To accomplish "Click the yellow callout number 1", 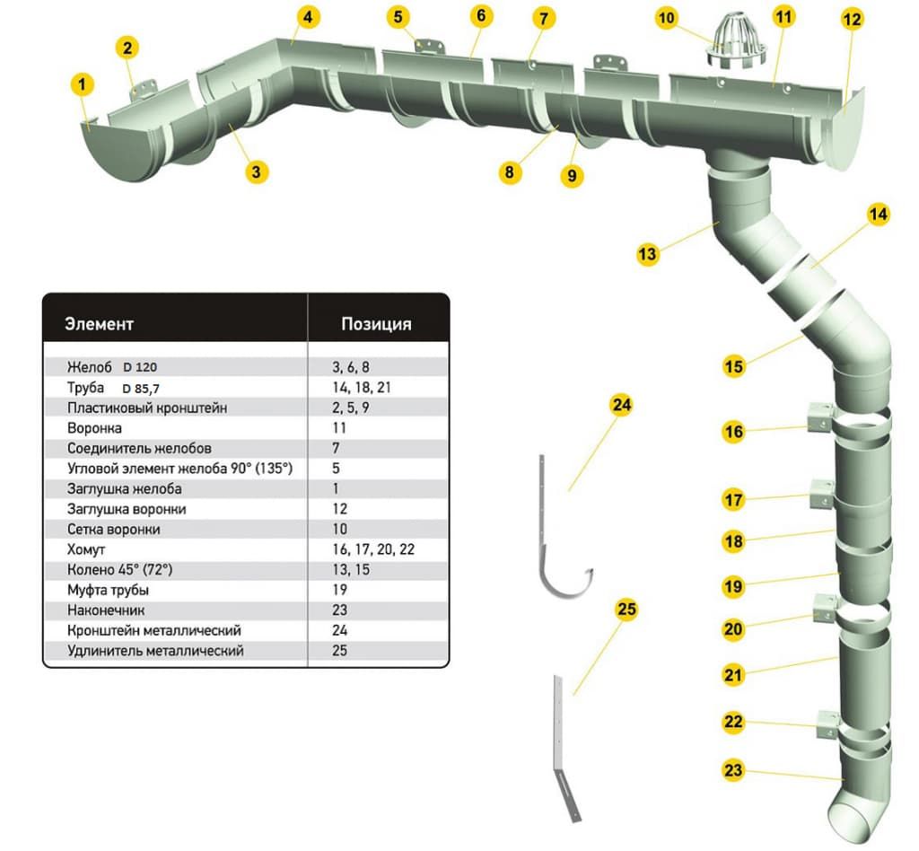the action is [82, 84].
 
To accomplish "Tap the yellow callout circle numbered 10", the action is [667, 18].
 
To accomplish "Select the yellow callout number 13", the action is [647, 254].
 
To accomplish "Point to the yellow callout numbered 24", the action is [621, 405].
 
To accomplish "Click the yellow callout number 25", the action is [626, 610].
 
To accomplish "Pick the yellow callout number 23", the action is [733, 769].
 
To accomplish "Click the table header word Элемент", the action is [99, 324].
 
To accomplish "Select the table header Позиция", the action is [376, 324].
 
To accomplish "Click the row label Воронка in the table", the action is [94, 428].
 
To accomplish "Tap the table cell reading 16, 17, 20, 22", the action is [373, 549].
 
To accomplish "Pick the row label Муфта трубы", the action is [108, 590].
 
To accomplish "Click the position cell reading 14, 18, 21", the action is [361, 388].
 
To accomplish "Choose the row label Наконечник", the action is [106, 610].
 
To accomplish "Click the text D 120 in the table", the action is [140, 367].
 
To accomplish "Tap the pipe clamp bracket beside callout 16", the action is [820, 417].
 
